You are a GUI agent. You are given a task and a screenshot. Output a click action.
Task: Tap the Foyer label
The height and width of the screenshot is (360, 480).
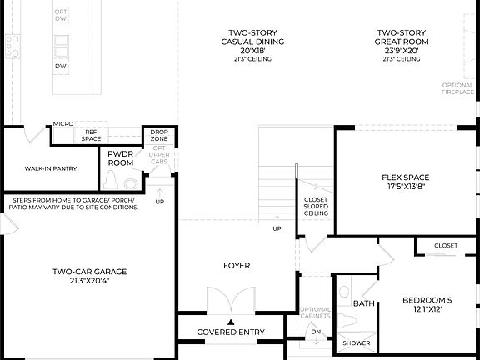[x=236, y=266]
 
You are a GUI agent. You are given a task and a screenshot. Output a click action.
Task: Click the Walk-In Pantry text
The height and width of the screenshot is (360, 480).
[x=50, y=168]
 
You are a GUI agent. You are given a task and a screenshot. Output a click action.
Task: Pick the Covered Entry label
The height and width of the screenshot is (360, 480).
[x=231, y=332]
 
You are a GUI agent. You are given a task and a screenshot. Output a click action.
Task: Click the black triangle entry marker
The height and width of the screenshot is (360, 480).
[x=232, y=321]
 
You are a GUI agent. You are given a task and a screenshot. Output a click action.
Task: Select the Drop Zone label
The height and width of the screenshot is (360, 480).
[x=157, y=136]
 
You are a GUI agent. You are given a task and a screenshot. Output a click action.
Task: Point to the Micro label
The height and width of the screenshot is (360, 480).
[x=63, y=123]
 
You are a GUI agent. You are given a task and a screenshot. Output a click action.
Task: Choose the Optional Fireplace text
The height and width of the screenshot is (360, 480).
[x=457, y=88]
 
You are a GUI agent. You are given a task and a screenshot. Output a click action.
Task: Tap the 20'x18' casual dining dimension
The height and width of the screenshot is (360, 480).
[x=252, y=50]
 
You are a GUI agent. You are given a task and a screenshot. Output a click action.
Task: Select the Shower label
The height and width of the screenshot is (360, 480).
[x=357, y=342]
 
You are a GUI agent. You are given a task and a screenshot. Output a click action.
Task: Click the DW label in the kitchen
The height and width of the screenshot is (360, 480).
[x=61, y=66]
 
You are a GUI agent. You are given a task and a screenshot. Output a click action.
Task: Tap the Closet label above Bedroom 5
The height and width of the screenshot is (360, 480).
[x=446, y=246]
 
